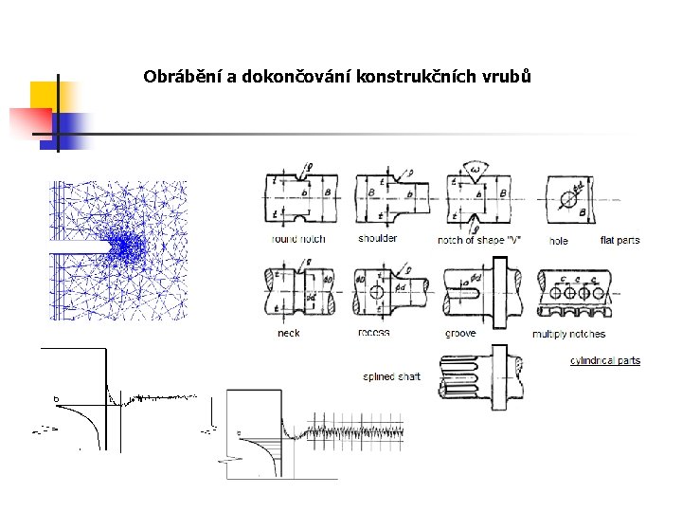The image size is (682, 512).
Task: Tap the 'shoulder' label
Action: [378, 238]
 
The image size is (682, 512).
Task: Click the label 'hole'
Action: [559, 241]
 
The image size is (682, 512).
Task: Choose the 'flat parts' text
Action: [620, 240]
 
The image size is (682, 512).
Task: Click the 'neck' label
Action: [288, 333]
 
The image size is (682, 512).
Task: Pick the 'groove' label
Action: [460, 333]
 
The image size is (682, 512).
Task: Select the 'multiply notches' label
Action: [568, 334]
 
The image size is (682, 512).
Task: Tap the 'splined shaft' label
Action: [392, 376]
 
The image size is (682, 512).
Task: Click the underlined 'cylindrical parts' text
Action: [605, 360]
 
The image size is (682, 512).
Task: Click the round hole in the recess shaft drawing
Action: [376, 292]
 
